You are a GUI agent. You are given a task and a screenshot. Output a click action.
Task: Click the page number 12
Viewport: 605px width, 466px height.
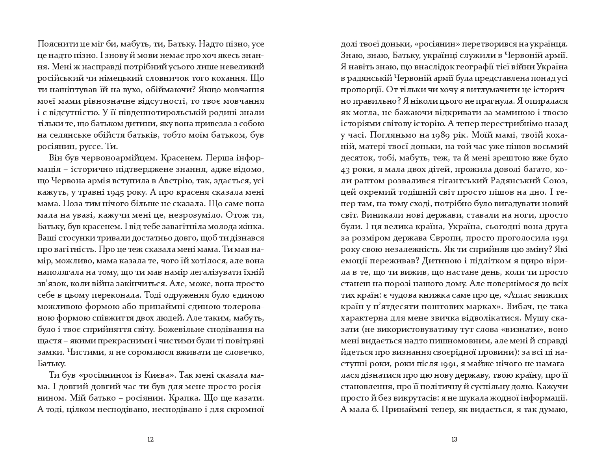click(x=150, y=440)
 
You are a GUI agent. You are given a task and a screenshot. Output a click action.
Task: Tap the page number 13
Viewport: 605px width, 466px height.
click(x=454, y=440)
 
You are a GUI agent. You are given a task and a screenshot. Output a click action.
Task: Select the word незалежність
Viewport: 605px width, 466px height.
click(x=410, y=250)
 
